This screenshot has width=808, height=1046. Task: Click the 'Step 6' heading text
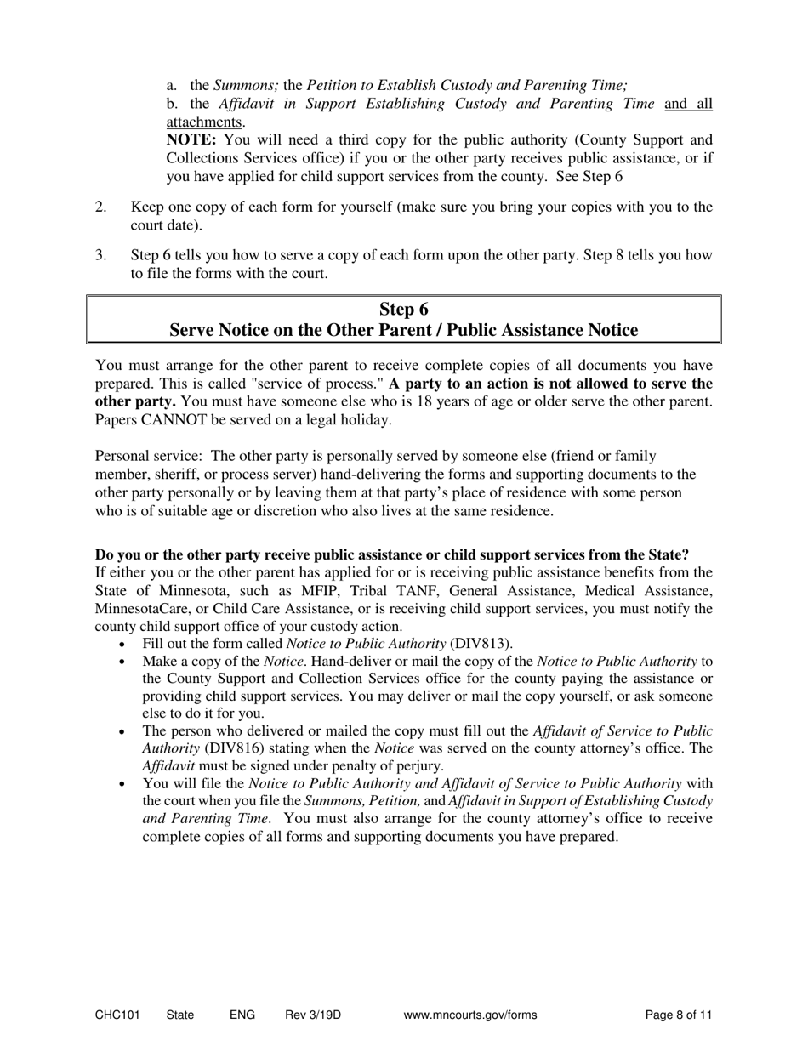point(403,309)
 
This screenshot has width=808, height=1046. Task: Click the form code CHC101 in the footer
point(117,1015)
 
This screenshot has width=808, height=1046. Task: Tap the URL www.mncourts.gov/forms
point(470,1015)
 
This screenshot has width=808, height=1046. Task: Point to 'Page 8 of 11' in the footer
point(679,1015)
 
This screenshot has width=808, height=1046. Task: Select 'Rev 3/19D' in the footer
point(313,1015)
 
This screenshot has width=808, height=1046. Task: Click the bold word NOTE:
point(191,139)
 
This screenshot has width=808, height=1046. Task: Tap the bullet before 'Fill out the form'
point(124,644)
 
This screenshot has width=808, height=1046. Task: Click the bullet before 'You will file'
point(124,784)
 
